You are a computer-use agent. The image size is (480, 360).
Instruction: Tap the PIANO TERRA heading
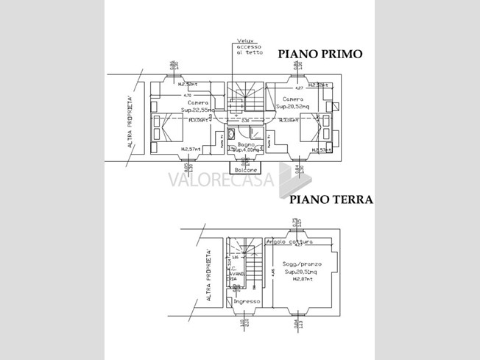click(330, 200)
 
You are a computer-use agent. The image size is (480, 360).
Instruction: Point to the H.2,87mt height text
click(297, 280)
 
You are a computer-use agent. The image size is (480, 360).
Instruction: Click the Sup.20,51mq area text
click(297, 272)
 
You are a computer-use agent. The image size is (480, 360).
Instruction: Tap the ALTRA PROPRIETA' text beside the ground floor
click(209, 276)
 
